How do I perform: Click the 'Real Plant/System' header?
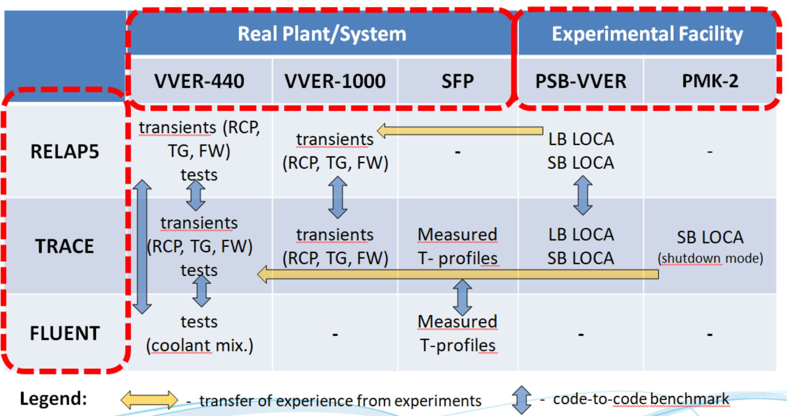click(x=322, y=34)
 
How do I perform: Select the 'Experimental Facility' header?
click(x=647, y=34)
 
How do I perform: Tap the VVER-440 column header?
click(x=199, y=81)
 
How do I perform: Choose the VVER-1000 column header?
click(x=335, y=81)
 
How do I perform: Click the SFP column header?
click(x=457, y=81)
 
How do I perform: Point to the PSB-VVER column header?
click(x=581, y=81)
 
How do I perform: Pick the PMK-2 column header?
click(x=710, y=81)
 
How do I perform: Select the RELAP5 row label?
click(x=65, y=152)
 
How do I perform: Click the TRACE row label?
click(x=65, y=246)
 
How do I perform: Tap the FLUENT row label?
click(x=65, y=333)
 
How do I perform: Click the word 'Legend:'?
click(x=53, y=398)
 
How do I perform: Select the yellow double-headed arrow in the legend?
click(x=150, y=400)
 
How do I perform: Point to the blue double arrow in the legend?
click(x=522, y=400)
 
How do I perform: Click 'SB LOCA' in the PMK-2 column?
click(x=710, y=237)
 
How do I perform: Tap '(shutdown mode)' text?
click(x=710, y=259)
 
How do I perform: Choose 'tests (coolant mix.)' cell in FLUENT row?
click(x=199, y=334)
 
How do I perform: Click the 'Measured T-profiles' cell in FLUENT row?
click(x=457, y=334)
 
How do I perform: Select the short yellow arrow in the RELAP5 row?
click(x=460, y=131)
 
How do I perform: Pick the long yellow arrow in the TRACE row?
click(x=458, y=274)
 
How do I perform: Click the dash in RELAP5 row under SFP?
click(x=457, y=152)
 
